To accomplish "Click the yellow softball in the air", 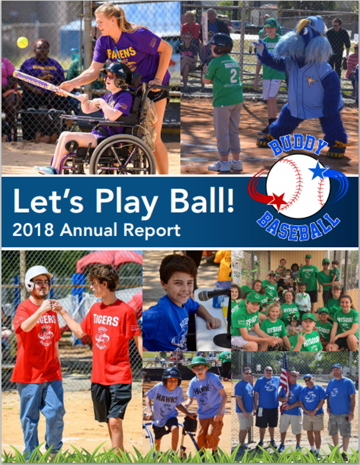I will [x=22, y=42].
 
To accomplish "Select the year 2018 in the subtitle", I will [x=33, y=230].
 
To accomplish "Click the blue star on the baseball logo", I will [x=319, y=171].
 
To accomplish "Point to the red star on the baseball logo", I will [x=278, y=201].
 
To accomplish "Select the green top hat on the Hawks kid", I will [x=199, y=362].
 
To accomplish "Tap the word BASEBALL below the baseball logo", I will [x=298, y=227].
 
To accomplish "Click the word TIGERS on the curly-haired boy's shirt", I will [x=106, y=321].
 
